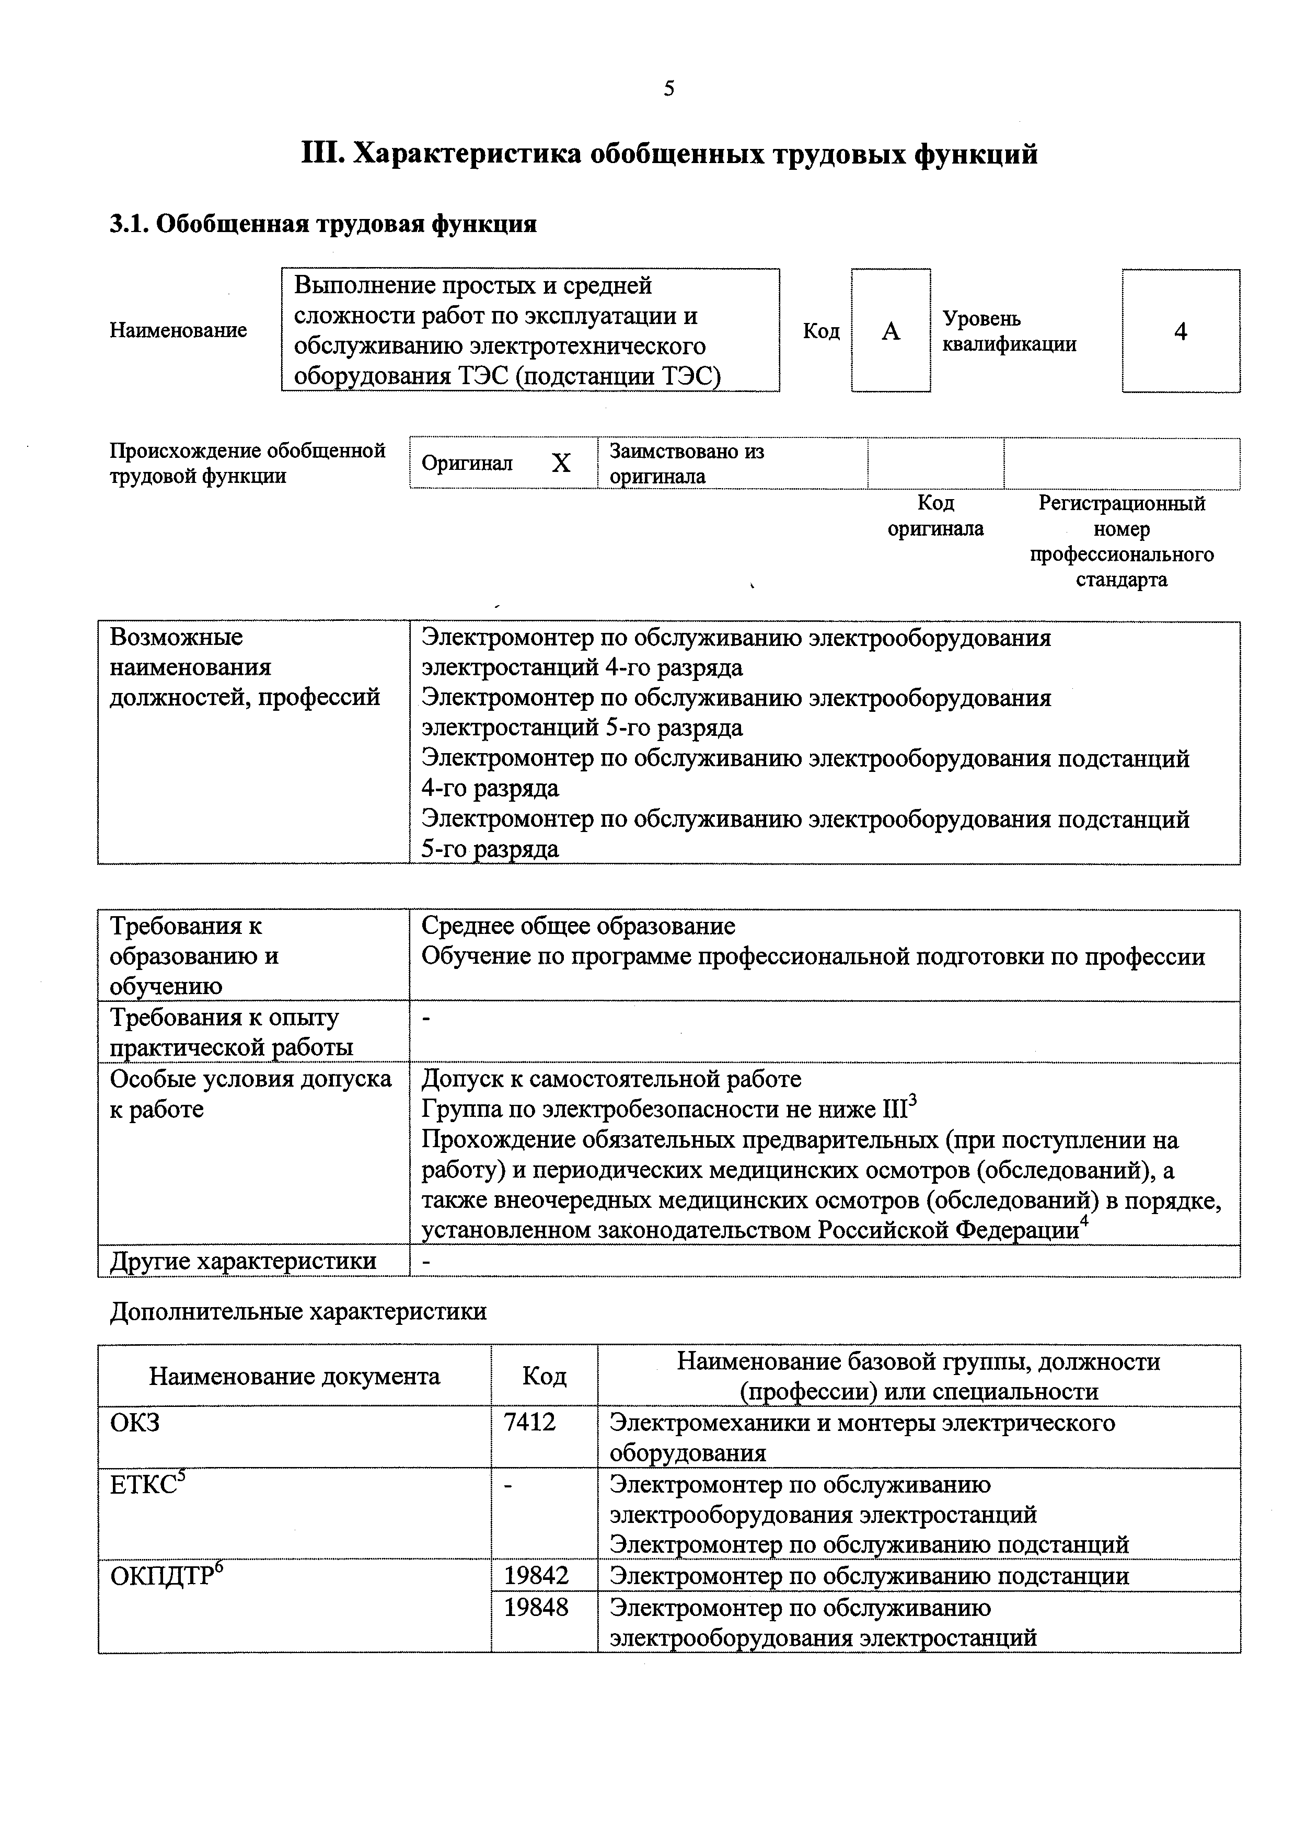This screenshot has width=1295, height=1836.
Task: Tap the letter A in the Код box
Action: tap(891, 331)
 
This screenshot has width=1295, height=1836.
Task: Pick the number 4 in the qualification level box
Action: tap(1180, 331)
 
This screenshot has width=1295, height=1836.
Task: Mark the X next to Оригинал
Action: tap(561, 464)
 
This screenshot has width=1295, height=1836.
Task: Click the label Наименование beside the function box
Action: tap(178, 330)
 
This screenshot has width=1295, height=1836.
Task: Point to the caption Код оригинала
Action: tap(935, 516)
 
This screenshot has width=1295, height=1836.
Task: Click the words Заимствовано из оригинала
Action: tap(686, 464)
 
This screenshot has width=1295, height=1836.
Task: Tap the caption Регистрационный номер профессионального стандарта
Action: tap(1121, 541)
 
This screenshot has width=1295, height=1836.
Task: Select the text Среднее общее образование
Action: tap(577, 926)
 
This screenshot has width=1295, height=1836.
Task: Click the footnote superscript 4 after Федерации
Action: tap(1084, 1222)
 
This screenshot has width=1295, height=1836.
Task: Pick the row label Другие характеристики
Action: tap(243, 1261)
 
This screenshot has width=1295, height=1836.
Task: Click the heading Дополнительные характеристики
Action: tap(297, 1311)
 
